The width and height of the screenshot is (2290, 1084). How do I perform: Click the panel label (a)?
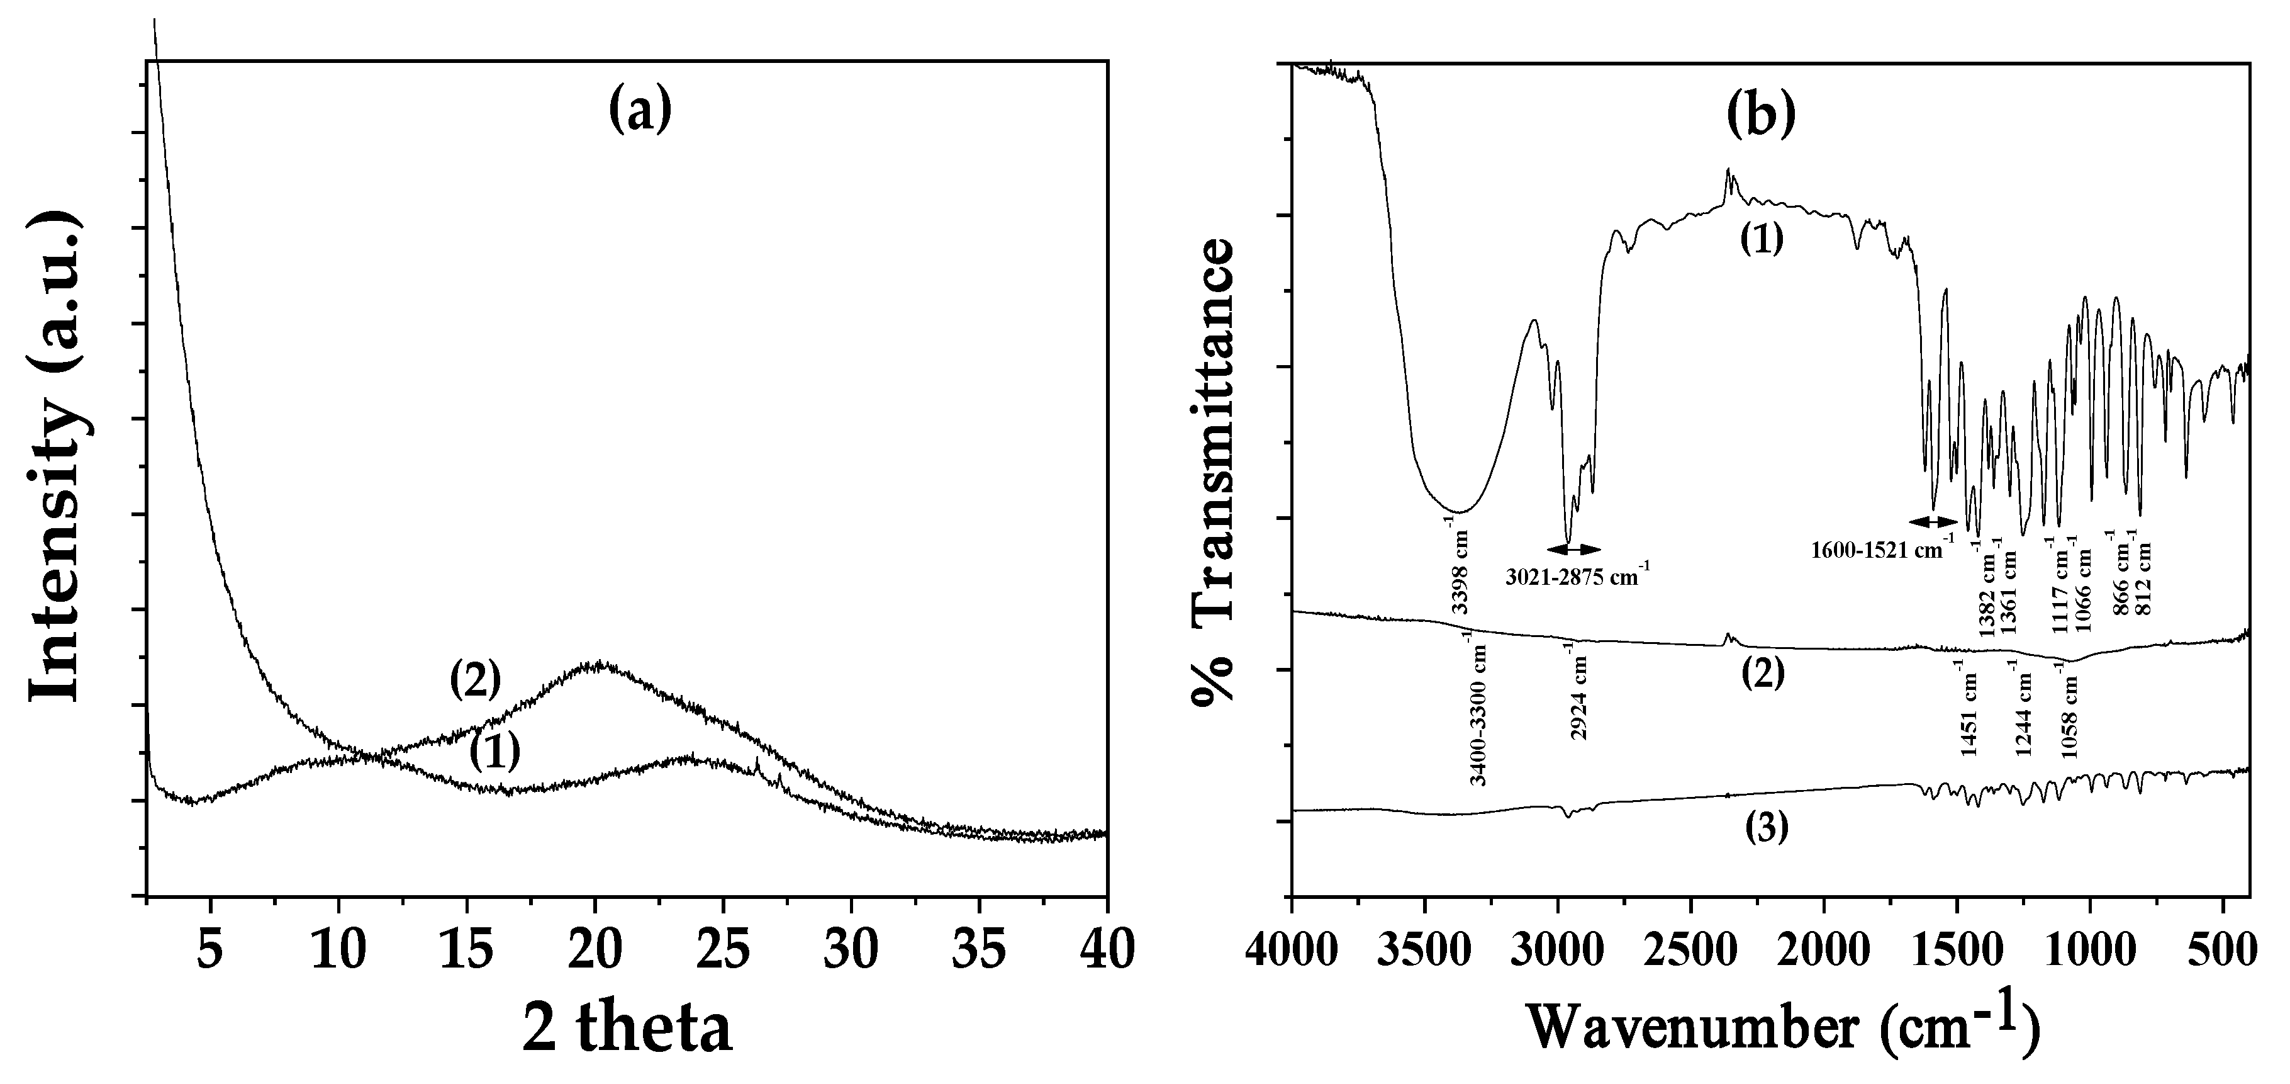[x=640, y=113]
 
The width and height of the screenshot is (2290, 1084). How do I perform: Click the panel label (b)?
[x=1762, y=116]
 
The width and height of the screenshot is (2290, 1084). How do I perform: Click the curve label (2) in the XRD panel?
[x=476, y=681]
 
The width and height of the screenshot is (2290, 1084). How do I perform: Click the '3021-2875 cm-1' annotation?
[x=1578, y=576]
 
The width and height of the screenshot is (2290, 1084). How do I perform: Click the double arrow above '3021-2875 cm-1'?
[x=1574, y=549]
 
